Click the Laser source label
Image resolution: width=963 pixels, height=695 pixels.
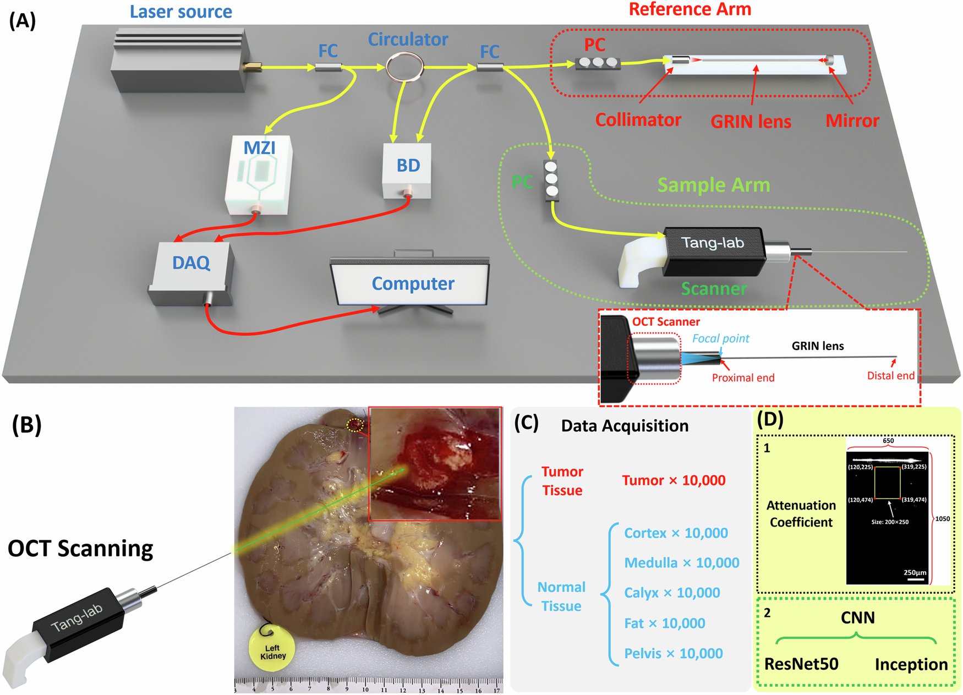[x=180, y=12]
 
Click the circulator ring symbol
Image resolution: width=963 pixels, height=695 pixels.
[x=405, y=67]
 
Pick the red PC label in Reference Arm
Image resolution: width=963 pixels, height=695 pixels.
[x=594, y=45]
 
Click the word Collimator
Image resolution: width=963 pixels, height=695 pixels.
[x=638, y=119]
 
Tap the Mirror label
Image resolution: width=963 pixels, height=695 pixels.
[x=852, y=121]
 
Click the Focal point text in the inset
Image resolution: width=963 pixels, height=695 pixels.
[x=720, y=338]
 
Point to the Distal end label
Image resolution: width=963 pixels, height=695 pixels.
[x=890, y=376]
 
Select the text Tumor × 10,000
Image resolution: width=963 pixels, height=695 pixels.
[x=674, y=480]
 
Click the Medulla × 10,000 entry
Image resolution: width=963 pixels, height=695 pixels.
[x=681, y=563]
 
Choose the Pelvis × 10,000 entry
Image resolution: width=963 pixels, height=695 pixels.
[x=673, y=654]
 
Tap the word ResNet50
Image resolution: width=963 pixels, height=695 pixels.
[x=801, y=664]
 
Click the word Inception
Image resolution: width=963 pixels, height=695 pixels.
[x=911, y=665]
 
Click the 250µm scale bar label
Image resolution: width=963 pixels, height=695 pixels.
[x=915, y=573]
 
